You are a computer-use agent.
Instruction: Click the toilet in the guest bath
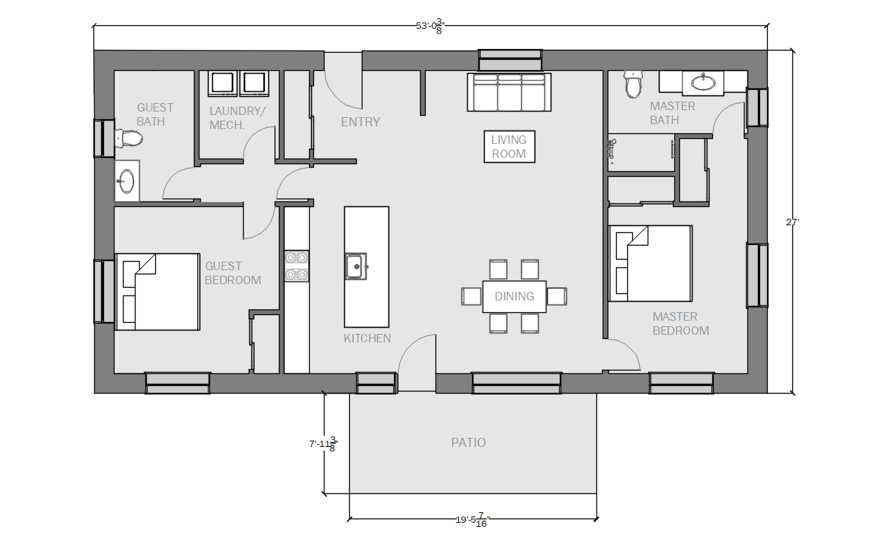pyautogui.click(x=129, y=139)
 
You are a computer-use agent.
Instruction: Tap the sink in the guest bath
pyautogui.click(x=126, y=181)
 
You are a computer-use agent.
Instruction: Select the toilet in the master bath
pyautogui.click(x=633, y=84)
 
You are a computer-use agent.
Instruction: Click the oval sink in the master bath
pyautogui.click(x=703, y=82)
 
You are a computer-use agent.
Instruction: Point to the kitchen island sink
pyautogui.click(x=355, y=267)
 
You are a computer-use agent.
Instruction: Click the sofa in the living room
pyautogui.click(x=509, y=93)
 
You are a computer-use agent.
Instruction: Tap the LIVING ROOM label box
pyautogui.click(x=509, y=147)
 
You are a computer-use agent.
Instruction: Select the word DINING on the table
pyautogui.click(x=514, y=296)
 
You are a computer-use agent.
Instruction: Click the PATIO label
pyautogui.click(x=468, y=442)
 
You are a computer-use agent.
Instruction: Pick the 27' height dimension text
pyautogui.click(x=792, y=222)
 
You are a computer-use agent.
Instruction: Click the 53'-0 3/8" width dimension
pyautogui.click(x=430, y=26)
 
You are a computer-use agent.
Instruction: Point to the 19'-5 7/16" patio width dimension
pyautogui.click(x=473, y=519)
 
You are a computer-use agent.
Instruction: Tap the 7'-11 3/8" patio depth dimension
pyautogui.click(x=324, y=444)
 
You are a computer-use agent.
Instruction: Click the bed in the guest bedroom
pyautogui.click(x=157, y=292)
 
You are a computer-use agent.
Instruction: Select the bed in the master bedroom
pyautogui.click(x=650, y=264)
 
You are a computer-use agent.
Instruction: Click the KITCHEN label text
pyautogui.click(x=367, y=338)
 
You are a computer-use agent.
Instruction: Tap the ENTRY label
pyautogui.click(x=360, y=122)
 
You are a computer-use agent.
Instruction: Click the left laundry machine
pyautogui.click(x=223, y=83)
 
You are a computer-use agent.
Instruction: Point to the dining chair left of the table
pyautogui.click(x=471, y=296)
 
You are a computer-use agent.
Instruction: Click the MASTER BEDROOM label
pyautogui.click(x=681, y=323)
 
